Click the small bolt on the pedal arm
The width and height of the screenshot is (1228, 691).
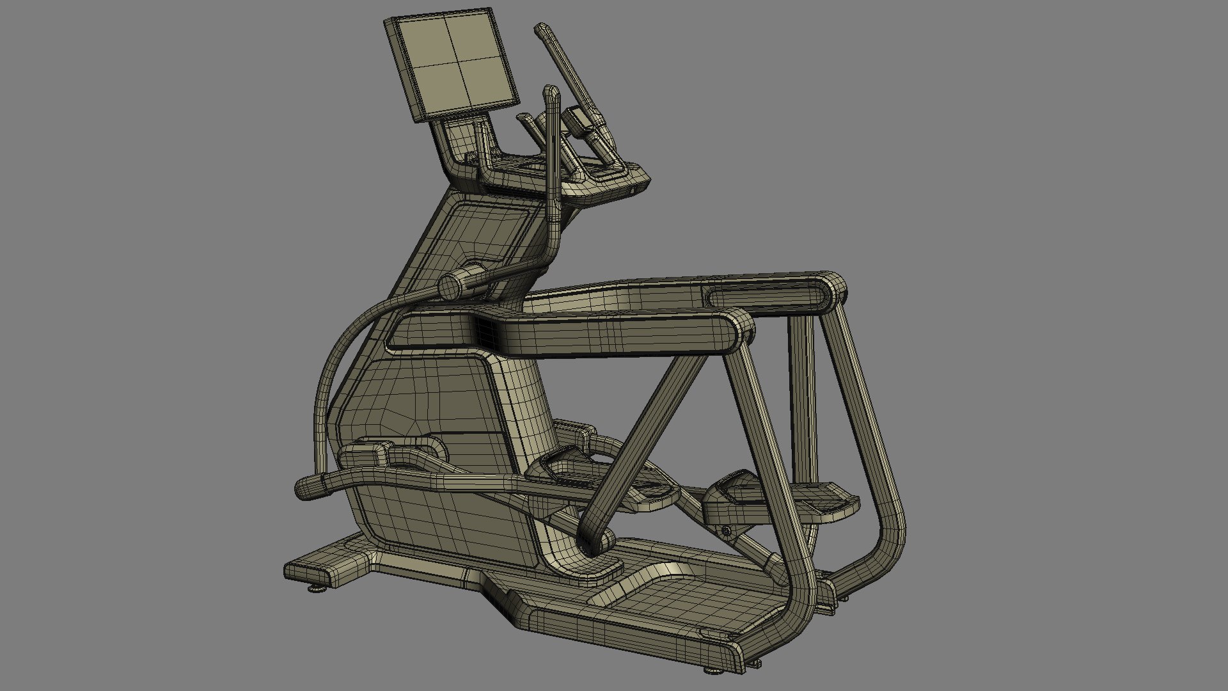726,530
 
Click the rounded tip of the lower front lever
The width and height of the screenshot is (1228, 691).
303,488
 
